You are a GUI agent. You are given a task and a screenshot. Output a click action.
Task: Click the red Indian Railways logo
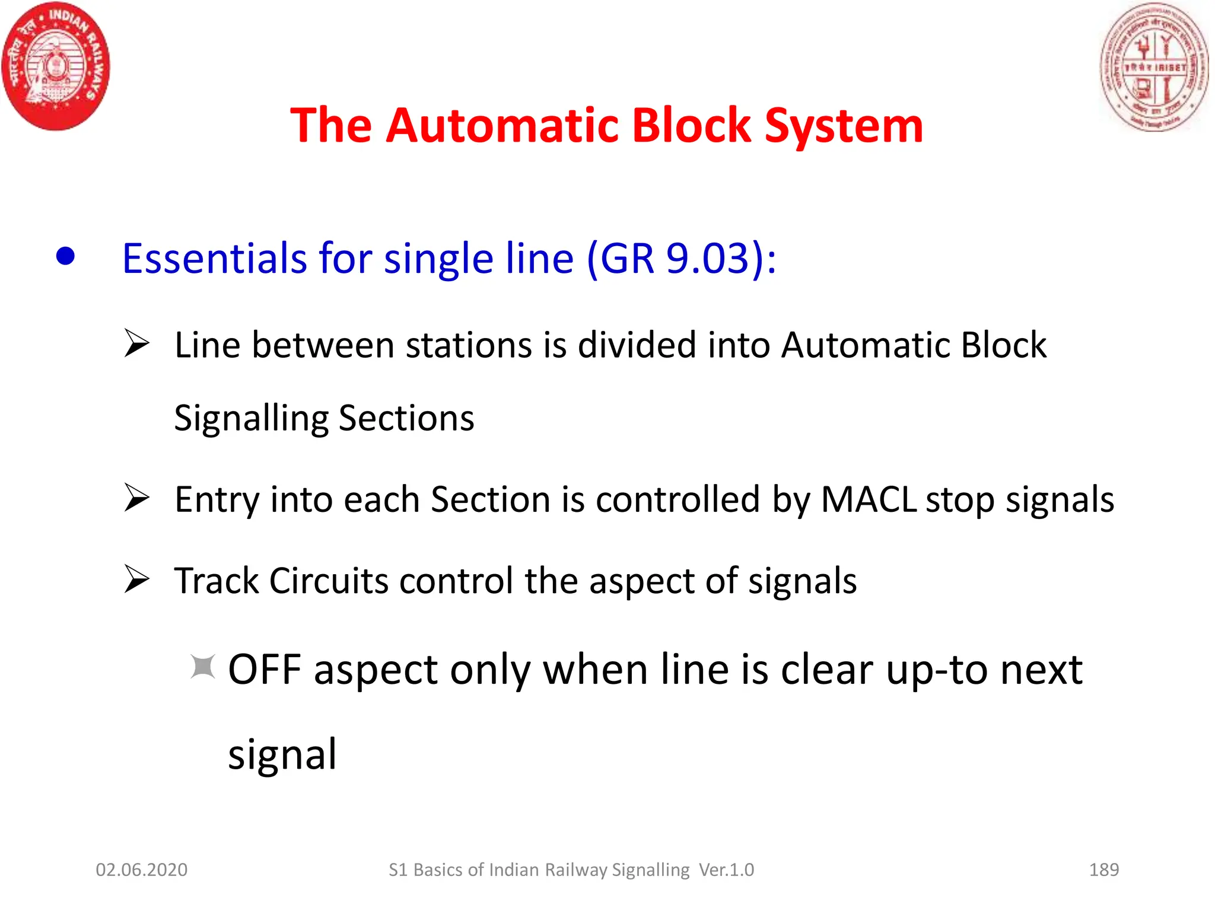[x=56, y=66]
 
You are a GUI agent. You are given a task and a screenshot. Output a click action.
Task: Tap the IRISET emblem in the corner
[x=1154, y=66]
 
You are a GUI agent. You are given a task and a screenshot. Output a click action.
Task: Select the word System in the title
[x=844, y=126]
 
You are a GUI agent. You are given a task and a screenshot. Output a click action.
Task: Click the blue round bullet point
[x=65, y=257]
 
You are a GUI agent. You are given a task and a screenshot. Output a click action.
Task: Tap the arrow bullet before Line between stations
[x=136, y=343]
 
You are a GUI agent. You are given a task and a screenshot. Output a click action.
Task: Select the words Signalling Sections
[x=324, y=419]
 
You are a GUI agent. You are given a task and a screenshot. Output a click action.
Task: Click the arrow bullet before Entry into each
[x=136, y=498]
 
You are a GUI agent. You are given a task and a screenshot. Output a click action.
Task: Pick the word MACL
[x=869, y=499]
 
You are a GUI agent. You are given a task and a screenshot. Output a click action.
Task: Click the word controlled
[x=678, y=499]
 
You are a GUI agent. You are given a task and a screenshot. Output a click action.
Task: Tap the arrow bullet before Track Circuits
[x=136, y=579]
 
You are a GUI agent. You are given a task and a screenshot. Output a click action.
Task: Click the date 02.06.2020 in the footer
[x=141, y=869]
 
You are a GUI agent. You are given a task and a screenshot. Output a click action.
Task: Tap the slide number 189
[x=1103, y=869]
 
